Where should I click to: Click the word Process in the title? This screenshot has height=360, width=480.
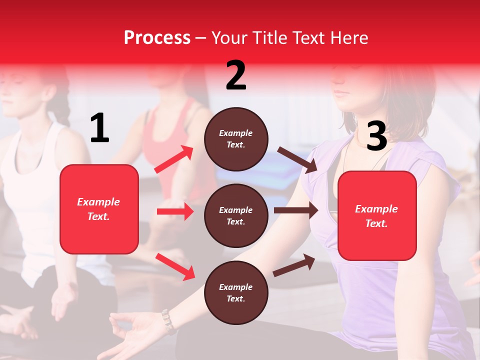click(157, 38)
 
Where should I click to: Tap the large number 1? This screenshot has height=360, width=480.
click(99, 128)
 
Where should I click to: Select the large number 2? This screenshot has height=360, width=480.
click(236, 75)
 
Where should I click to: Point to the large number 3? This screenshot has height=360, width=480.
click(376, 136)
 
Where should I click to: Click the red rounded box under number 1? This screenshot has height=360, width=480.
click(99, 209)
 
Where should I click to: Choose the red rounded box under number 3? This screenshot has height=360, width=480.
click(377, 215)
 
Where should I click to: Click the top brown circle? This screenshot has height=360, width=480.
click(236, 139)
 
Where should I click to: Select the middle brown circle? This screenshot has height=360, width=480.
click(236, 215)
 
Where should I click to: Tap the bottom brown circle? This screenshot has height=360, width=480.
click(236, 292)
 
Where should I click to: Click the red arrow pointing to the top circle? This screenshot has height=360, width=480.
click(174, 159)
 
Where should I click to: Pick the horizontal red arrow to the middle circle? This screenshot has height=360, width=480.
click(175, 211)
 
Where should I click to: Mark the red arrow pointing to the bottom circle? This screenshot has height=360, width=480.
click(175, 266)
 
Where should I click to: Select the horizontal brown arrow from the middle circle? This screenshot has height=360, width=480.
click(296, 210)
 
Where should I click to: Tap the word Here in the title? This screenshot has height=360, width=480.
click(348, 38)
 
